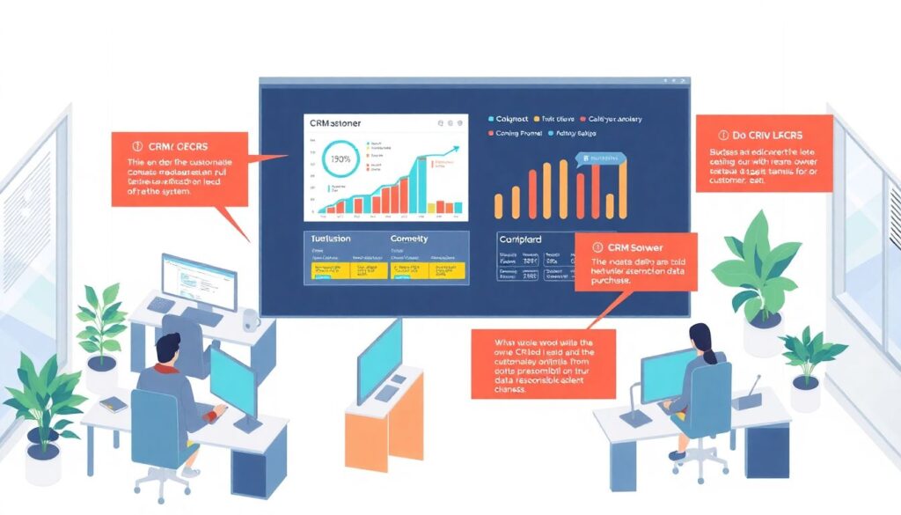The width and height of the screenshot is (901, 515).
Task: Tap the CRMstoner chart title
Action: pos(342,124)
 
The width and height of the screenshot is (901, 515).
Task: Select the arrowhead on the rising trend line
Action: pos(456,151)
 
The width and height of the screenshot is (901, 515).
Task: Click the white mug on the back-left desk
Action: pos(252,320)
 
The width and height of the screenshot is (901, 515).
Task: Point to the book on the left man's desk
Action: pos(114,404)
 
